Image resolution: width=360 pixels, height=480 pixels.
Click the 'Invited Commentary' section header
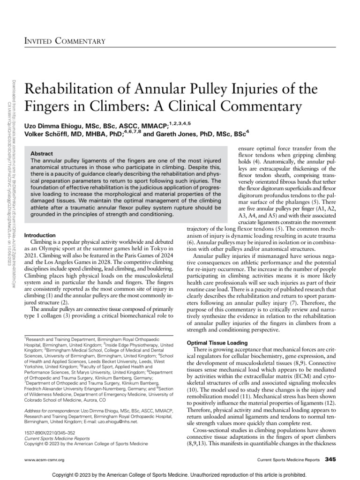point(65,42)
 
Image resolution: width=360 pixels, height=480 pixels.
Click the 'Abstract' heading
point(41,153)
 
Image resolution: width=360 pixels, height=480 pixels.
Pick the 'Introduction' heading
point(40,235)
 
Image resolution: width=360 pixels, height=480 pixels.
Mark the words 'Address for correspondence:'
point(48,411)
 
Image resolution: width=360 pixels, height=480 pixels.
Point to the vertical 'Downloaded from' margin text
point(14,94)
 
